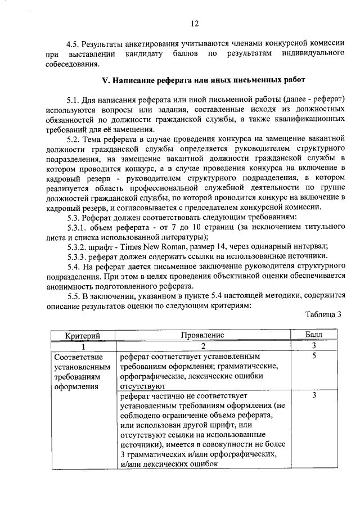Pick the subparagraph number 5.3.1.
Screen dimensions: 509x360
tap(78, 226)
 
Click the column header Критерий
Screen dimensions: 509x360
tap(83, 335)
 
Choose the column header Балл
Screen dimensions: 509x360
tap(315, 335)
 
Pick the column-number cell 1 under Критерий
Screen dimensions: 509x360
tap(83, 346)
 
